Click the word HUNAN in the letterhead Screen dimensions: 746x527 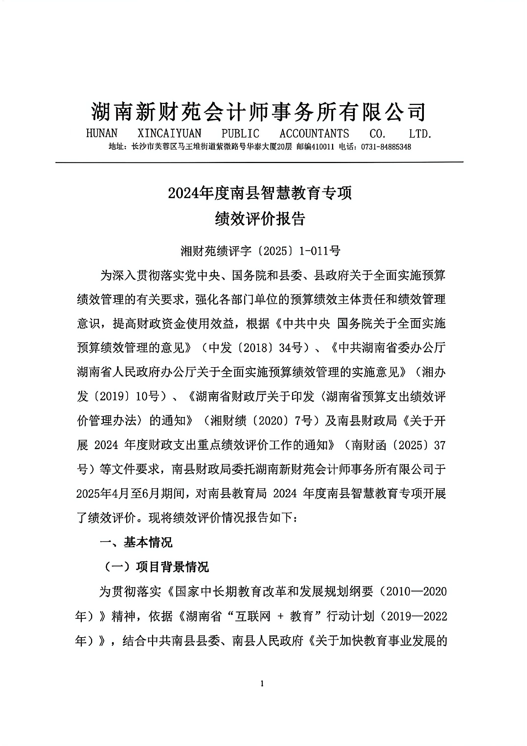click(102, 134)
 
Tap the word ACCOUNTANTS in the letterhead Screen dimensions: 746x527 click(314, 134)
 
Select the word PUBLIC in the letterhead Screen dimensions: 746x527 click(240, 134)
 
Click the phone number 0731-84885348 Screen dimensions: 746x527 click(386, 147)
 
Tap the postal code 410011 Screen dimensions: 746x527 click(323, 147)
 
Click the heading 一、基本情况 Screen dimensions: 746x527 click(136, 543)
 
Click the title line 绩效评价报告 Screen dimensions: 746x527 click(260, 219)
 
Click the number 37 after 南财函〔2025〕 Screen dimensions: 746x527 click(439, 445)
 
